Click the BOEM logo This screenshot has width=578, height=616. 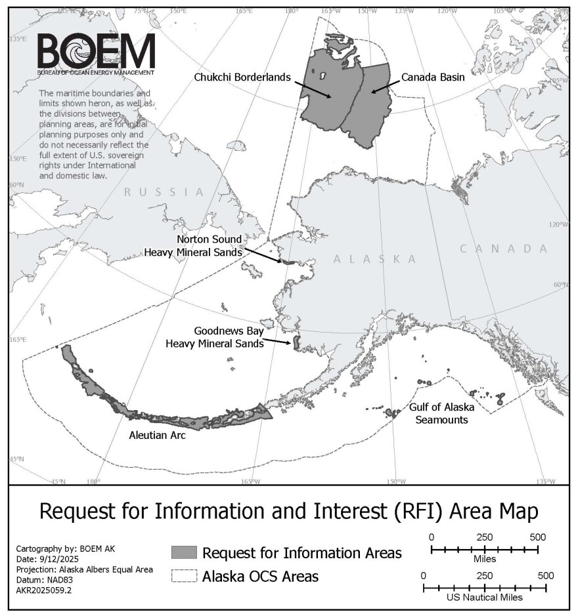tap(96, 54)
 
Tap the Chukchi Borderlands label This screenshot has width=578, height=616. tap(242, 77)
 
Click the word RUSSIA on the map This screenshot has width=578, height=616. tap(165, 192)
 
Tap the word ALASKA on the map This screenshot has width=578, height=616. tap(374, 259)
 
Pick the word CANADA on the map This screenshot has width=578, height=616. tap(503, 249)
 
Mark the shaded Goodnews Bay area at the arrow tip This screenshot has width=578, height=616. tap(296, 342)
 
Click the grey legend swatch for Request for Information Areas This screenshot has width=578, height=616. tap(183, 552)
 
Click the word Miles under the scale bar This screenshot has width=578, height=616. tap(484, 560)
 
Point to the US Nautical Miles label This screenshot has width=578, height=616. tap(484, 598)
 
